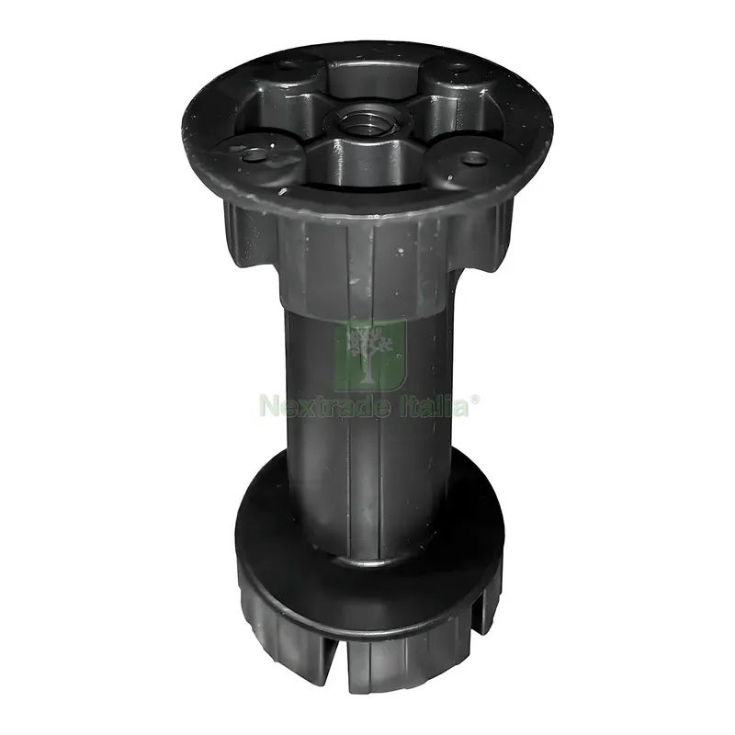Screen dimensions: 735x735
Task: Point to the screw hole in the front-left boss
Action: pyautogui.click(x=254, y=153)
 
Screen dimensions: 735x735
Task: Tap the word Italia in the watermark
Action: pyautogui.click(x=428, y=405)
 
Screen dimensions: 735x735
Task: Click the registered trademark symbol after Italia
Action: pyautogui.click(x=474, y=400)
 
